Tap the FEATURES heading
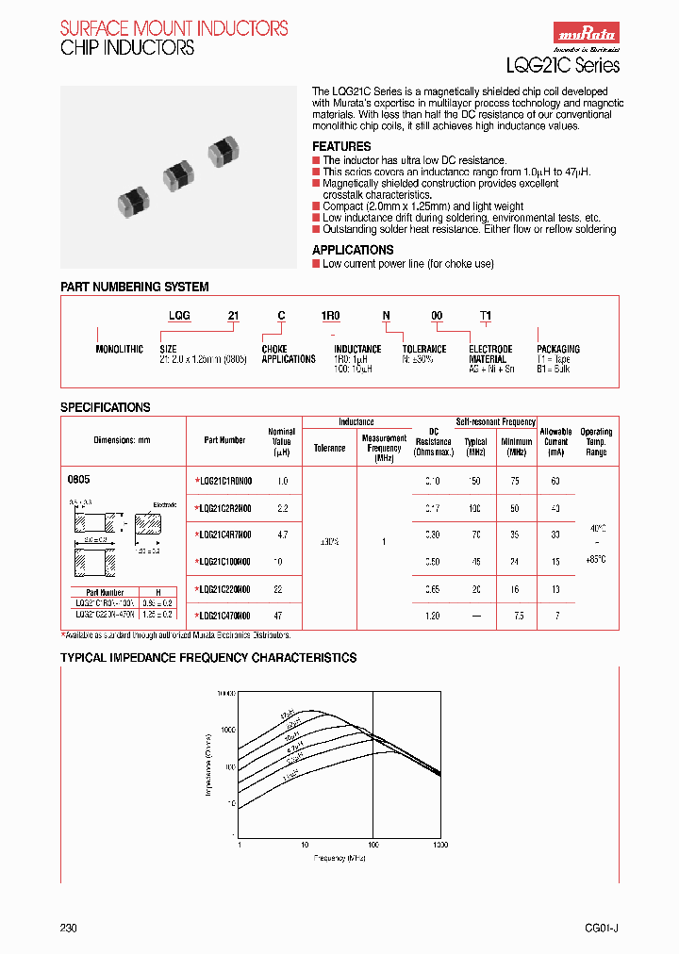pyautogui.click(x=341, y=147)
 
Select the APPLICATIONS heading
pyautogui.click(x=353, y=250)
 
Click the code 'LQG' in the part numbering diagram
pyautogui.click(x=179, y=316)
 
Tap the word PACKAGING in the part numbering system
pyautogui.click(x=558, y=349)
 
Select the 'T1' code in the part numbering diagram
pyautogui.click(x=486, y=316)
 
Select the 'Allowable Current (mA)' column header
pyautogui.click(x=555, y=441)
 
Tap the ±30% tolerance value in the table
pyautogui.click(x=329, y=542)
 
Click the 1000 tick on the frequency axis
pyautogui.click(x=440, y=846)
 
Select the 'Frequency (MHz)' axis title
pyautogui.click(x=339, y=858)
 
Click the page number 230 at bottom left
pyautogui.click(x=69, y=928)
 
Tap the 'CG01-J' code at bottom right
pyautogui.click(x=601, y=928)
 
